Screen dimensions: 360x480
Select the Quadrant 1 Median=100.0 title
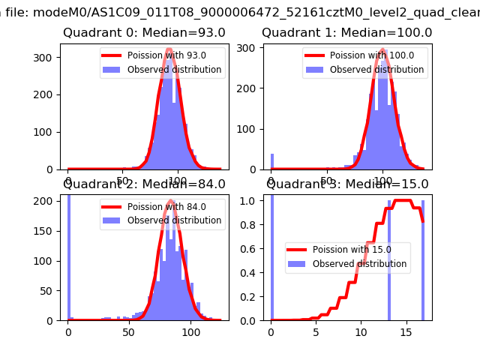346,32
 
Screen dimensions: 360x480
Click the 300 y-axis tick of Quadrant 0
46,58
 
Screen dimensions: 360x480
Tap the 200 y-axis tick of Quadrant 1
249,88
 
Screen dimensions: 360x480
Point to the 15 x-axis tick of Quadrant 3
406,331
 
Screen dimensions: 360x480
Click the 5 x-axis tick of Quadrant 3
316,331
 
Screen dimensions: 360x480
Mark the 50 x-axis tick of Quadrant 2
129,331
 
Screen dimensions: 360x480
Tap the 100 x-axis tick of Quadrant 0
177,181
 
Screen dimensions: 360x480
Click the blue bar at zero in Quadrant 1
271,162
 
